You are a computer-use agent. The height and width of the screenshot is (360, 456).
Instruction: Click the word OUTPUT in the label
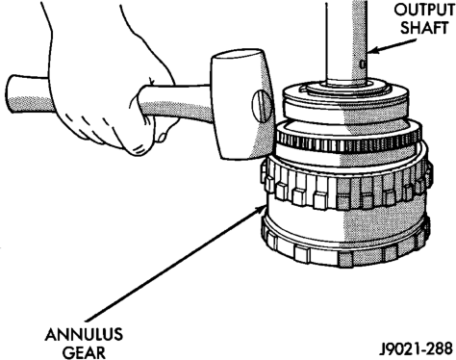tap(424, 11)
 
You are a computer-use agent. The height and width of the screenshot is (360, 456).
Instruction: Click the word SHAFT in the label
tap(424, 28)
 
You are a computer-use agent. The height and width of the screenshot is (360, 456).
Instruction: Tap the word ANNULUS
tap(84, 335)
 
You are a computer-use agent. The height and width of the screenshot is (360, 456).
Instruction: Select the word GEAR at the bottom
tap(84, 352)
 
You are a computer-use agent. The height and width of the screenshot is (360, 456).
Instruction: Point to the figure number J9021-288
tap(416, 348)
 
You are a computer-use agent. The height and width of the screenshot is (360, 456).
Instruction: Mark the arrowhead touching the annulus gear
tap(260, 209)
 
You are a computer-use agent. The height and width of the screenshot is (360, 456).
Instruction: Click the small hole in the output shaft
tap(362, 64)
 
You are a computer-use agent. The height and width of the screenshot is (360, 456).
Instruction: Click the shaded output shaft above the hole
tap(360, 29)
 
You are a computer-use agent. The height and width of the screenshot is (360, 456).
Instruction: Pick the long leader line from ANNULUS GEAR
tap(175, 264)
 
